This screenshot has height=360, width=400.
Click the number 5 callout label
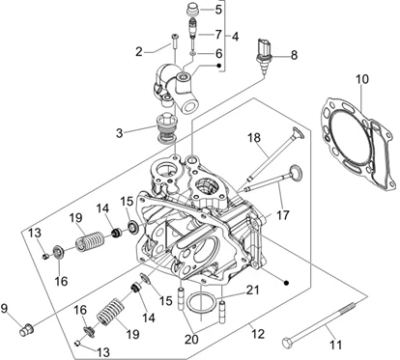coord(218,10)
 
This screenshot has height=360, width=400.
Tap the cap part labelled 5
coord(193,9)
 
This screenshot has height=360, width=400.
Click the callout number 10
coord(362,79)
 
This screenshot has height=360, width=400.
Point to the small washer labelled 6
coord(192,53)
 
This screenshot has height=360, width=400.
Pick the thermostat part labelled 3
coord(166,128)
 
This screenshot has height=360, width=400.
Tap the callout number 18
coord(254,138)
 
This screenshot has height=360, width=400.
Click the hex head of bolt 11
coord(287,342)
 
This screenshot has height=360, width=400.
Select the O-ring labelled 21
coord(201,303)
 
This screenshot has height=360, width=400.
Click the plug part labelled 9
coord(26,330)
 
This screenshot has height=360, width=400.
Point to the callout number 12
coord(258,334)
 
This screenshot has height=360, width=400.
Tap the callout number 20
coord(191,339)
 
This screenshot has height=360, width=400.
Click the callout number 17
coord(282,215)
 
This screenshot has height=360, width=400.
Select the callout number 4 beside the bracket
coord(236,37)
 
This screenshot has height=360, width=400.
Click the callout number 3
coord(120,133)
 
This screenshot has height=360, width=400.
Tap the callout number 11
coord(335,346)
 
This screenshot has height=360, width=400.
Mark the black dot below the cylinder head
coord(286,283)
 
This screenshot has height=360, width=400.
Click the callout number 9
coord(4,309)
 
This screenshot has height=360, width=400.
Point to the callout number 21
coord(252,291)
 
